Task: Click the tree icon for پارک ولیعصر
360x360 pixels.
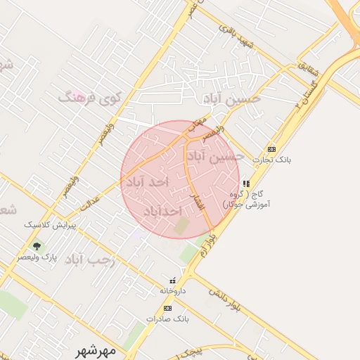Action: (37, 245)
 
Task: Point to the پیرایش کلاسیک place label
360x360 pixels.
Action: (50, 225)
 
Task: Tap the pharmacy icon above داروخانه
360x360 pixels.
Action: (172, 280)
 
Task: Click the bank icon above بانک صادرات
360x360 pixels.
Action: (167, 308)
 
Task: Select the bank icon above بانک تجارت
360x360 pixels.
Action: (271, 150)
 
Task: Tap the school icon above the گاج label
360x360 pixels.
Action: (245, 183)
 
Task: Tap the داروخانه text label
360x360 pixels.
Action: (172, 290)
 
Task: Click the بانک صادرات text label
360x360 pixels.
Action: (167, 319)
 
